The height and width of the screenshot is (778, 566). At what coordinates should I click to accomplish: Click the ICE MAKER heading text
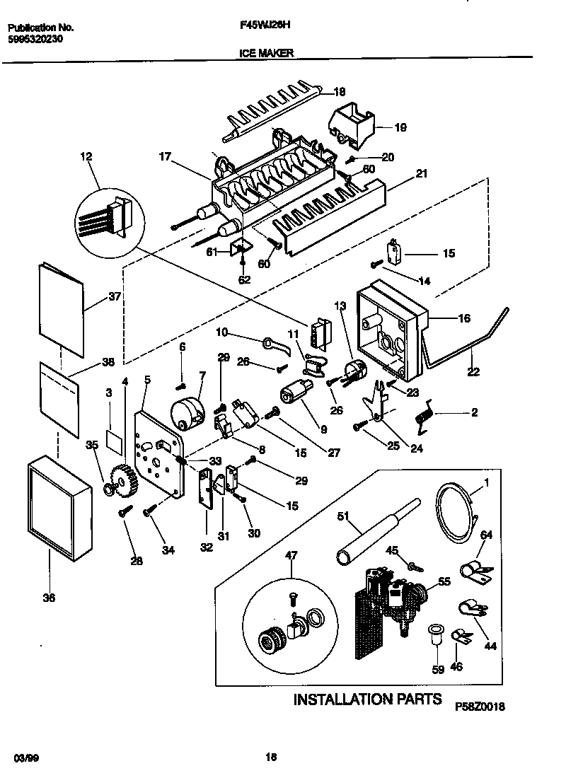(262, 52)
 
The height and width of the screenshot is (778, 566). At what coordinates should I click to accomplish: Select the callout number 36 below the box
(48, 598)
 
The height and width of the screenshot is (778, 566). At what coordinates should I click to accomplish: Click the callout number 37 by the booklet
(114, 297)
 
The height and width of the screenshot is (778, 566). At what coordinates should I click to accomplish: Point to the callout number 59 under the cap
(438, 669)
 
